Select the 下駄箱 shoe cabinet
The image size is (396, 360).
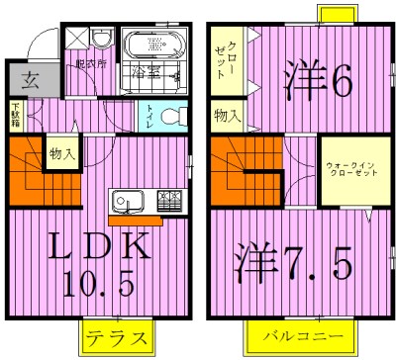pyautogui.click(x=16, y=117)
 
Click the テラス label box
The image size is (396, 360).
pyautogui.click(x=117, y=336)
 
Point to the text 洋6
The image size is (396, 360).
pyautogui.click(x=317, y=83)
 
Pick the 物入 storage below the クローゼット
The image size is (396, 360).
pyautogui.click(x=227, y=116)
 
